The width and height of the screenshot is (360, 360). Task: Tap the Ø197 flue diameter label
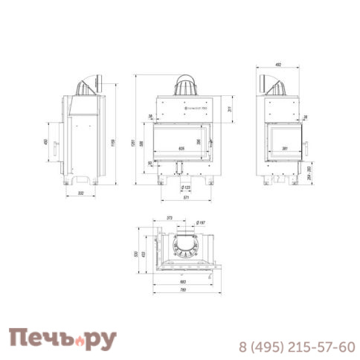tap(200, 223)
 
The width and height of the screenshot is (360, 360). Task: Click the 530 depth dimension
tap(135, 254)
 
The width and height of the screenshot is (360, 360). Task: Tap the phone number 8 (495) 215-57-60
tap(296, 347)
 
